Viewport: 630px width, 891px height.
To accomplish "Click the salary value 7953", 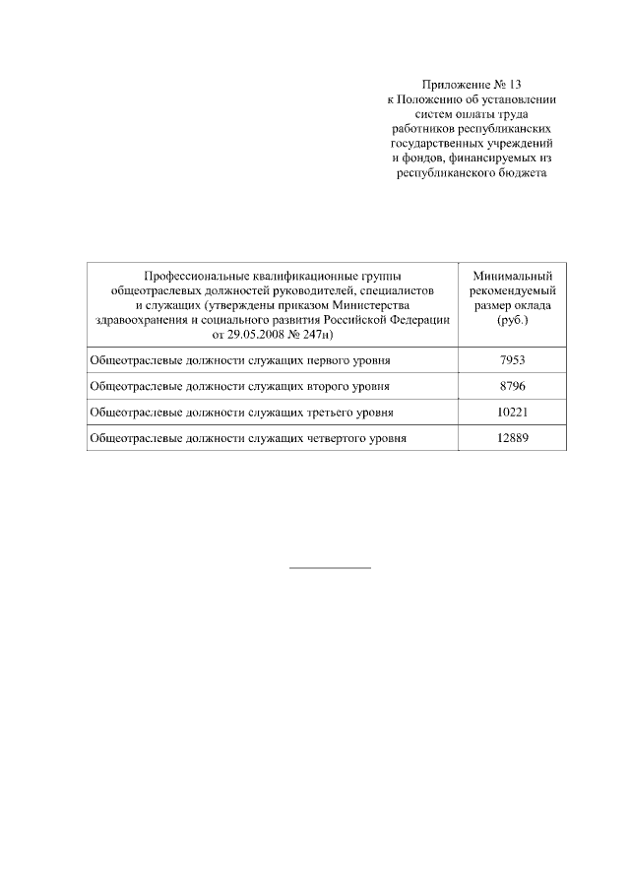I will coord(512,360).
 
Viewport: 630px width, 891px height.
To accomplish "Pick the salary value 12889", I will coord(512,435).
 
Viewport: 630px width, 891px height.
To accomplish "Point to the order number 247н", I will coord(318,335).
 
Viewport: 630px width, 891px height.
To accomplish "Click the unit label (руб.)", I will coord(512,320).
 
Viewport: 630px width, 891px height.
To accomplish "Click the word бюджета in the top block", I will coord(516,173).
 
